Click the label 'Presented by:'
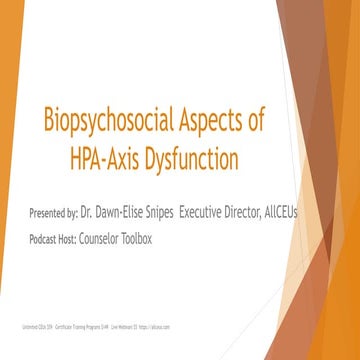click(55, 213)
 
